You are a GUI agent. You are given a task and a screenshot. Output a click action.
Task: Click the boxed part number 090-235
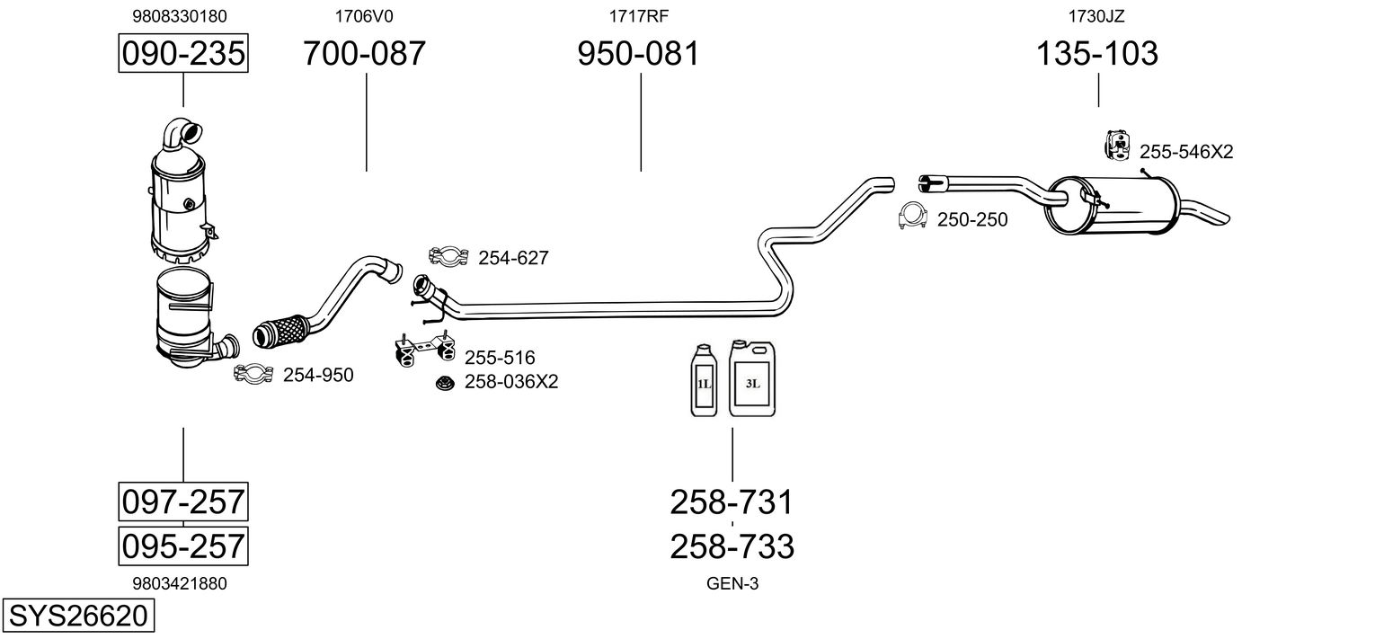(183, 53)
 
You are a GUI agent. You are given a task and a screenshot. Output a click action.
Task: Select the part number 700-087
(365, 53)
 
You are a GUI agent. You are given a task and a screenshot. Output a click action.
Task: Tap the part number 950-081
(638, 53)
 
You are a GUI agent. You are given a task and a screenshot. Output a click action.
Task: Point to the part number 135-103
(1097, 53)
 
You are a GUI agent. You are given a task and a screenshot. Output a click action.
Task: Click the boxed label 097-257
(183, 502)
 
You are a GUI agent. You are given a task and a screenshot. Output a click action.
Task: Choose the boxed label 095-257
(183, 546)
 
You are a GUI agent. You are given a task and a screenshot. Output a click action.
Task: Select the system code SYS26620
(78, 616)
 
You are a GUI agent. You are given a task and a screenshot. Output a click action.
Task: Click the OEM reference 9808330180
(180, 16)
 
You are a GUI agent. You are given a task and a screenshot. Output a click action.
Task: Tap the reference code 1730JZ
(1096, 16)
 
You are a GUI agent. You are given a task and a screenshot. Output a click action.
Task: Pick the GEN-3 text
(732, 584)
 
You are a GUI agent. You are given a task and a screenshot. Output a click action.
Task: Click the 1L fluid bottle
(704, 380)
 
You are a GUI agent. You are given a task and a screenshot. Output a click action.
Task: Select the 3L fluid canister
(752, 378)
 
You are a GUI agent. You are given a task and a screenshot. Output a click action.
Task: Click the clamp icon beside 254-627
(448, 256)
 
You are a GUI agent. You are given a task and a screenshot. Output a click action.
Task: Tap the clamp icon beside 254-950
(253, 373)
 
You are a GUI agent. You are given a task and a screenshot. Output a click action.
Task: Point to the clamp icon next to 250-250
(912, 216)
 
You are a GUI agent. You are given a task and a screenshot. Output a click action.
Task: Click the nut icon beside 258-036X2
(445, 384)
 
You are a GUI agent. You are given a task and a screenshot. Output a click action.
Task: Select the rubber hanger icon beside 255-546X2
(1118, 146)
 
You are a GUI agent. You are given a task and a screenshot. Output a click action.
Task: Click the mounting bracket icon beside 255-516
(425, 350)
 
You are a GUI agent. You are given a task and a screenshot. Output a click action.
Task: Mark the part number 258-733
(732, 546)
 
